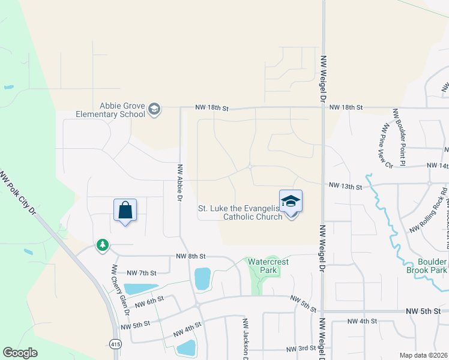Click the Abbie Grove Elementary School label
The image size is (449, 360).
[x=110, y=110]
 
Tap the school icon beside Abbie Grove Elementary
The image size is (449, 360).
[x=154, y=109]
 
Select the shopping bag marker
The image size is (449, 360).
[x=125, y=211]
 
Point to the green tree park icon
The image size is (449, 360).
[x=103, y=245]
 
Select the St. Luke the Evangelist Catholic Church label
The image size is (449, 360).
[x=240, y=212]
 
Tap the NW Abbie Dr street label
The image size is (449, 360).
[x=179, y=182]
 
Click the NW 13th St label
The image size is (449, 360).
[x=345, y=187]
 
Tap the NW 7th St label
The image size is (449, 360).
[x=141, y=273]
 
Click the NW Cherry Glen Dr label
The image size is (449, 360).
[x=119, y=290]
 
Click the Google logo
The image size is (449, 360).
[x=20, y=353]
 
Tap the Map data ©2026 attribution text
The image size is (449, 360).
[x=423, y=355]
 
